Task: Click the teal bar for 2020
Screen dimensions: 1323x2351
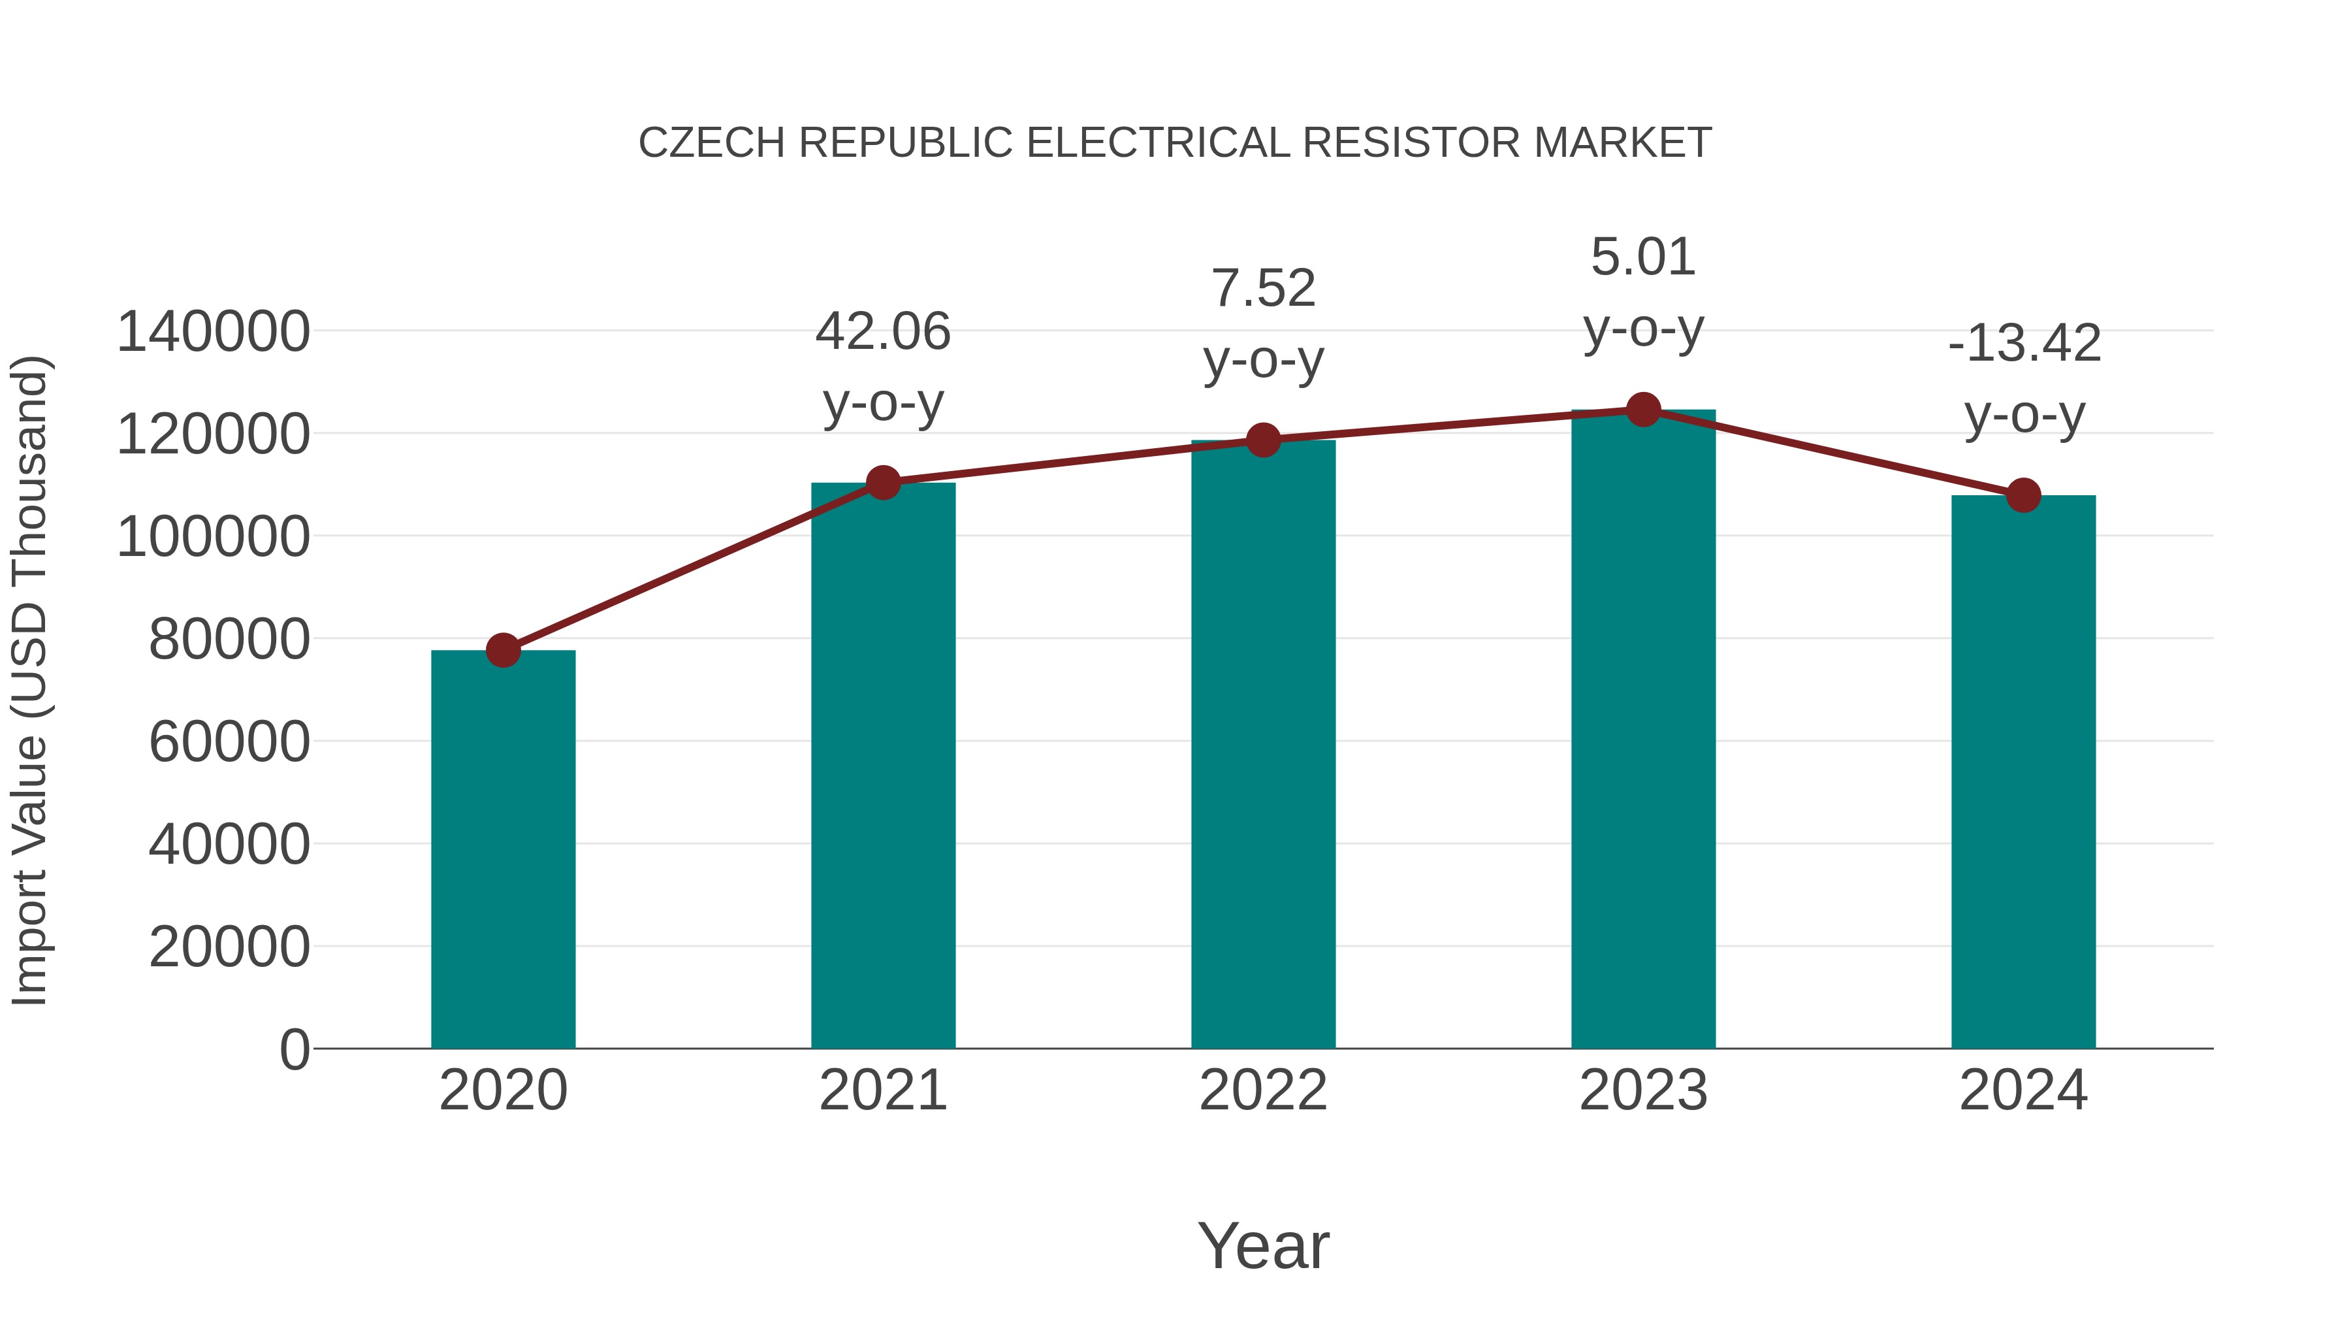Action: (503, 849)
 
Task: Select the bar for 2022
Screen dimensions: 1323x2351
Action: (1263, 744)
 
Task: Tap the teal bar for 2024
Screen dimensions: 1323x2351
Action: (2023, 772)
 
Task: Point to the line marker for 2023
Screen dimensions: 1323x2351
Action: (1644, 410)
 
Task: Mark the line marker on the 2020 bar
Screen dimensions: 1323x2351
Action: (503, 650)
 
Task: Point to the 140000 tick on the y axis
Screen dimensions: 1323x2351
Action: (214, 331)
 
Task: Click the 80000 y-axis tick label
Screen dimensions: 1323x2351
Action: (229, 638)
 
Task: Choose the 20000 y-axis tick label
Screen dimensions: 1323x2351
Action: (229, 946)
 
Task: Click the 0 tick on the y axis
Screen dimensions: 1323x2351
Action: (295, 1049)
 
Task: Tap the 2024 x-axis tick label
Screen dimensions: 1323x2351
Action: (2023, 1090)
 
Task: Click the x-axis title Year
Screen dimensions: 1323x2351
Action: (1263, 1245)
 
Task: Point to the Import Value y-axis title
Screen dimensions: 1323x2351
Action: (29, 680)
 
